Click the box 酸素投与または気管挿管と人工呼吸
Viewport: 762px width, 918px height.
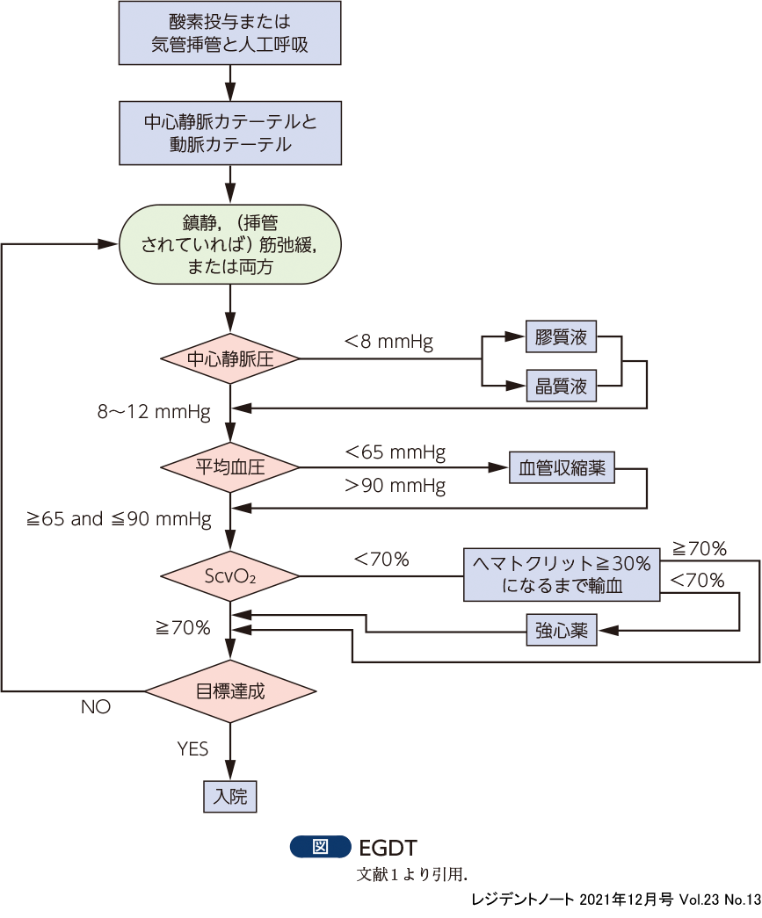click(229, 33)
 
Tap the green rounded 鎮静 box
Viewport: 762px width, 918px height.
click(229, 243)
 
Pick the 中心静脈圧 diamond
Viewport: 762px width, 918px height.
click(229, 358)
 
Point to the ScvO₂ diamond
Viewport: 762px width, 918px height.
click(229, 576)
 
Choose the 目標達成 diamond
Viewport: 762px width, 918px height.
click(229, 690)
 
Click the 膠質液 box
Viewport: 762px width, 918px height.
click(561, 337)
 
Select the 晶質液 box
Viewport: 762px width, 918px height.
click(561, 385)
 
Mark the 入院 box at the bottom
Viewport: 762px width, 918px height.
click(230, 796)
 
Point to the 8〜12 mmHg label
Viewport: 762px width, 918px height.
click(155, 410)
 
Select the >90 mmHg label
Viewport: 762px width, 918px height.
click(396, 485)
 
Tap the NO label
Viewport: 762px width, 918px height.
click(96, 707)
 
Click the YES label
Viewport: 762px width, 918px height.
click(192, 748)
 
